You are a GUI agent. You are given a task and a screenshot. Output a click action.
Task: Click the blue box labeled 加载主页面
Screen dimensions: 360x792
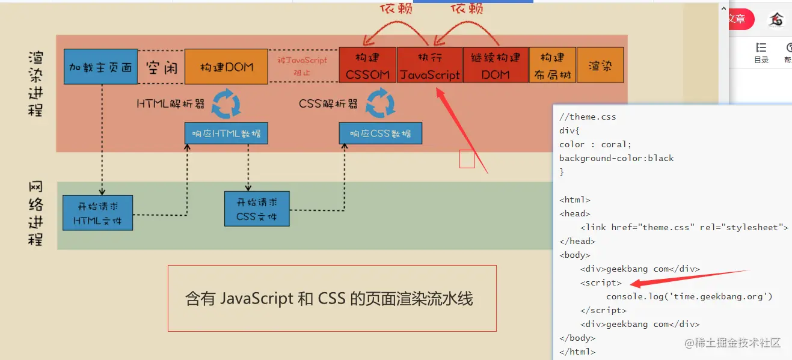pyautogui.click(x=100, y=66)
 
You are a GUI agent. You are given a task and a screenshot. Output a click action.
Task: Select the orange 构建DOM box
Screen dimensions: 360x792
pyautogui.click(x=226, y=66)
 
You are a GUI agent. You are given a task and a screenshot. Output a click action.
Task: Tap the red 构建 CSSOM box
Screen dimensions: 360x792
pyautogui.click(x=367, y=65)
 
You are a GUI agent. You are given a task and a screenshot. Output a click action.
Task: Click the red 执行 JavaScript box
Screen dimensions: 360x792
pyautogui.click(x=430, y=65)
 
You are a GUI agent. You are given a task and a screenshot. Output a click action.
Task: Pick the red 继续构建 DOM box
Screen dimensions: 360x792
pyautogui.click(x=496, y=65)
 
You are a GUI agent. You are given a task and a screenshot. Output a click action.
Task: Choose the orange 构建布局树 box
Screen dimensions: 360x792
pyautogui.click(x=553, y=65)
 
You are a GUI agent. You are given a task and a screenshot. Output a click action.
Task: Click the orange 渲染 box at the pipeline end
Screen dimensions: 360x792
pyautogui.click(x=600, y=65)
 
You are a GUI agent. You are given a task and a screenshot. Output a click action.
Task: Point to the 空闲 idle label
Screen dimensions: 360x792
pyautogui.click(x=161, y=67)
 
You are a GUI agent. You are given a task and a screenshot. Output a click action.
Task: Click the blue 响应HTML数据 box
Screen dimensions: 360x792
pyautogui.click(x=226, y=133)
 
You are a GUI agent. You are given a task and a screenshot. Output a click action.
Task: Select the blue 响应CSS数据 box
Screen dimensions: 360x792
pyautogui.click(x=381, y=133)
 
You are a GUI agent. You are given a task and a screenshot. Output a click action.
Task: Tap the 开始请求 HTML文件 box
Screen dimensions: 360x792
pyautogui.click(x=98, y=213)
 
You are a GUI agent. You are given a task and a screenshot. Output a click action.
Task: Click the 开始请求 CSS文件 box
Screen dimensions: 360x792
pyautogui.click(x=257, y=209)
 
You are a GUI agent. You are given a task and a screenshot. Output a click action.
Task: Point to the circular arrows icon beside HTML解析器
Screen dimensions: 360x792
pyautogui.click(x=227, y=103)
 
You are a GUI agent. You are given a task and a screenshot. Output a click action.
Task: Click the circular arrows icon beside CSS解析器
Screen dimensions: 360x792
pyautogui.click(x=381, y=103)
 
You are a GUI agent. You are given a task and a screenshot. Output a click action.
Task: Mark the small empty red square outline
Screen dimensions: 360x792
pyautogui.click(x=467, y=159)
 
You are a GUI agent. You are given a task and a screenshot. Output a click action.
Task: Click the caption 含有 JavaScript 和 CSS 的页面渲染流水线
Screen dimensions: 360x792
pyautogui.click(x=329, y=299)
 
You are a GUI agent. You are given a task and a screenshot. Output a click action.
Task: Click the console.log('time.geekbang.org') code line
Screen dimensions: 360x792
pyautogui.click(x=689, y=296)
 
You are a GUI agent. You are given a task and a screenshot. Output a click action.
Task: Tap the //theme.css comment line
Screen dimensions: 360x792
pyautogui.click(x=588, y=117)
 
